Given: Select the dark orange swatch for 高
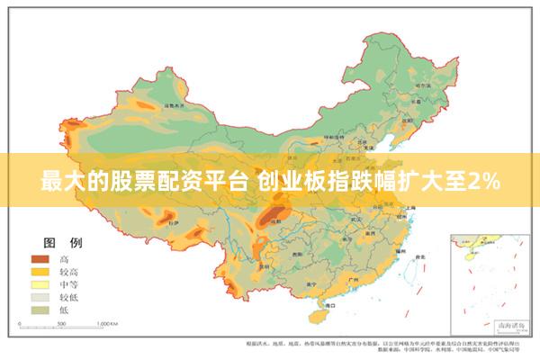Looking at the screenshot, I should click(x=40, y=258).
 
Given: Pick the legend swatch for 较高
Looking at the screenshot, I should click(x=40, y=271).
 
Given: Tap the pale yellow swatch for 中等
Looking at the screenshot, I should click(x=40, y=283).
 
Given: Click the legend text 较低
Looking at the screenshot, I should click(x=69, y=296).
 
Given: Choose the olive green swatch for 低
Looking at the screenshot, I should click(x=40, y=309).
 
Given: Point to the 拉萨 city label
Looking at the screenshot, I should click(x=173, y=221).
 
